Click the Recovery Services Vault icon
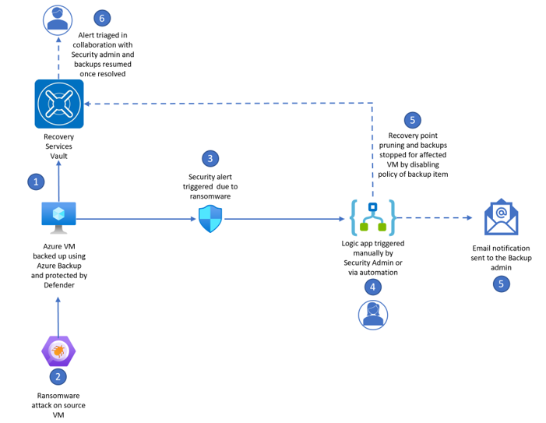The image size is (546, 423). click(x=59, y=103)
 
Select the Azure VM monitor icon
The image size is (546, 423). click(x=59, y=217)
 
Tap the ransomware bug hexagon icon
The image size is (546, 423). click(x=58, y=351)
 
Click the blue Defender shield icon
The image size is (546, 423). click(x=210, y=220)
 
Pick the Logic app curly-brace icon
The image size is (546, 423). click(x=372, y=218)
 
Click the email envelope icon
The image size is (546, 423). click(x=502, y=217)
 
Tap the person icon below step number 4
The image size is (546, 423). click(x=372, y=313)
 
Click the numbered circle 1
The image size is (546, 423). click(x=36, y=182)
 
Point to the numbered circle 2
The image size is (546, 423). click(x=58, y=377)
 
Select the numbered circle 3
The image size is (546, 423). click(x=210, y=158)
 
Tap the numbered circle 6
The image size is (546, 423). click(x=101, y=18)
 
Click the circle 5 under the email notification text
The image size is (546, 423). click(x=502, y=284)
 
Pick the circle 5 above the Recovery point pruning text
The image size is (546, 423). click(x=412, y=120)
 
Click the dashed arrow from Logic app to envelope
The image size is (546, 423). click(x=436, y=219)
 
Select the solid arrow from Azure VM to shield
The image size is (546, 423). click(x=136, y=220)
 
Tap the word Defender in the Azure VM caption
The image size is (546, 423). click(x=59, y=285)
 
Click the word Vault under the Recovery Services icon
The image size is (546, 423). click(x=59, y=156)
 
